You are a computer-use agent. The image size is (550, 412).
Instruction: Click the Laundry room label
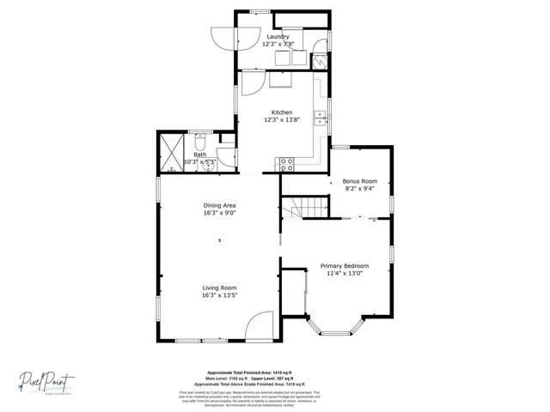277,37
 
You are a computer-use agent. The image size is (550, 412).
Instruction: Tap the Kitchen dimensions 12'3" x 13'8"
282,120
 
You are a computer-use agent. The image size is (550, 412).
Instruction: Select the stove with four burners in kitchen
286,161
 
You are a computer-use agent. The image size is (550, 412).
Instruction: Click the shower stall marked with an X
169,152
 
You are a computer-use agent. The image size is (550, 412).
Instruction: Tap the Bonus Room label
360,181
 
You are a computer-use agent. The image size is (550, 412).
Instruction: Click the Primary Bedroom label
345,266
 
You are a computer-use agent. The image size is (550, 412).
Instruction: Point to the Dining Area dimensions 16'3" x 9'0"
220,213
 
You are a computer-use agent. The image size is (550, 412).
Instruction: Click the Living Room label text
220,288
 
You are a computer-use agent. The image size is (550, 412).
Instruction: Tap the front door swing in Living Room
260,326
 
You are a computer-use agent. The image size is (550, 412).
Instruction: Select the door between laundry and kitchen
254,83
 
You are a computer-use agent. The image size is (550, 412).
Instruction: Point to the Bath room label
199,154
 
